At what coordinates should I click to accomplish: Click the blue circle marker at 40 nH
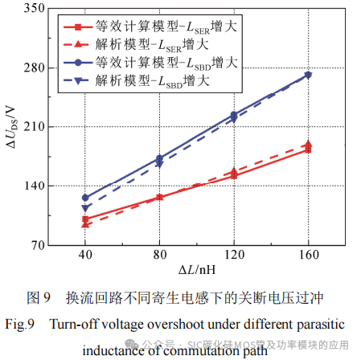click(x=85, y=197)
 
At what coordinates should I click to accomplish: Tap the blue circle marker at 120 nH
click(x=234, y=115)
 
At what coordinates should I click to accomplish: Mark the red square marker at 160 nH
click(x=308, y=149)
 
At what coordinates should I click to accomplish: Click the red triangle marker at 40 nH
click(x=85, y=224)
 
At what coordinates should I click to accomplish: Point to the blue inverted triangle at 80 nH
click(x=159, y=164)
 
